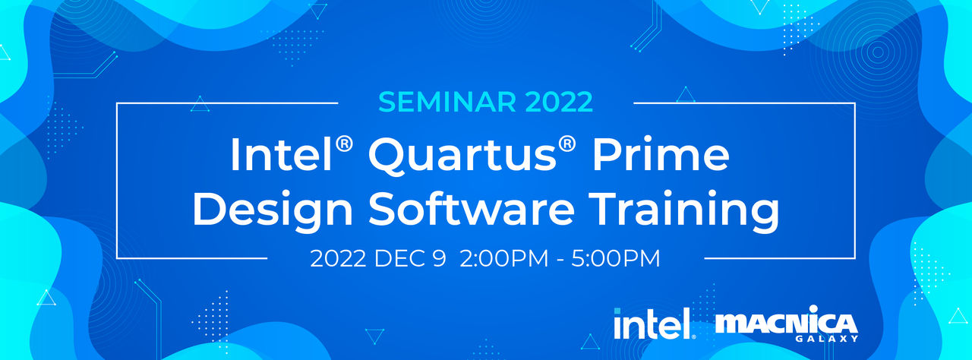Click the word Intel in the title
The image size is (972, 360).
(x=281, y=155)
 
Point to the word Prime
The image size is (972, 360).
(x=661, y=155)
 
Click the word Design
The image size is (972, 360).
(x=273, y=210)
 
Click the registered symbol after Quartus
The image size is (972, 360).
(x=567, y=144)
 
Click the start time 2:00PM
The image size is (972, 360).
(x=503, y=258)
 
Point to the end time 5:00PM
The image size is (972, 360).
(x=616, y=258)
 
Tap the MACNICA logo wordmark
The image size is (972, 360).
(x=786, y=323)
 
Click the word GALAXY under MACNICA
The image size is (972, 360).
(x=827, y=338)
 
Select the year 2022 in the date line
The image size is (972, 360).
(x=338, y=258)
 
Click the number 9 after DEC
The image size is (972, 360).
(x=439, y=258)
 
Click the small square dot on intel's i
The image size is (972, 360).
(x=617, y=310)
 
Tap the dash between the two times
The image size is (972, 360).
(x=560, y=261)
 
